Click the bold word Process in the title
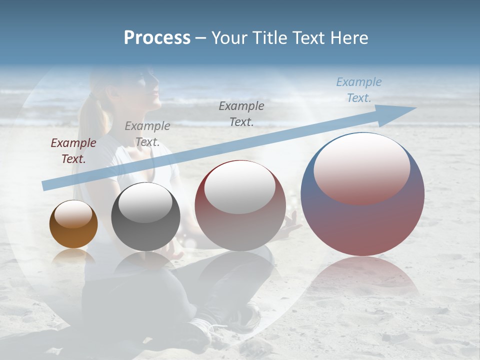click(157, 38)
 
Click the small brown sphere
click(73, 224)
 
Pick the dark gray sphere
click(145, 216)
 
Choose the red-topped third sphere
click(240, 205)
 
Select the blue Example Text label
click(358, 90)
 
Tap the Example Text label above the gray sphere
click(147, 134)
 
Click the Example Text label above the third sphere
click(241, 113)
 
